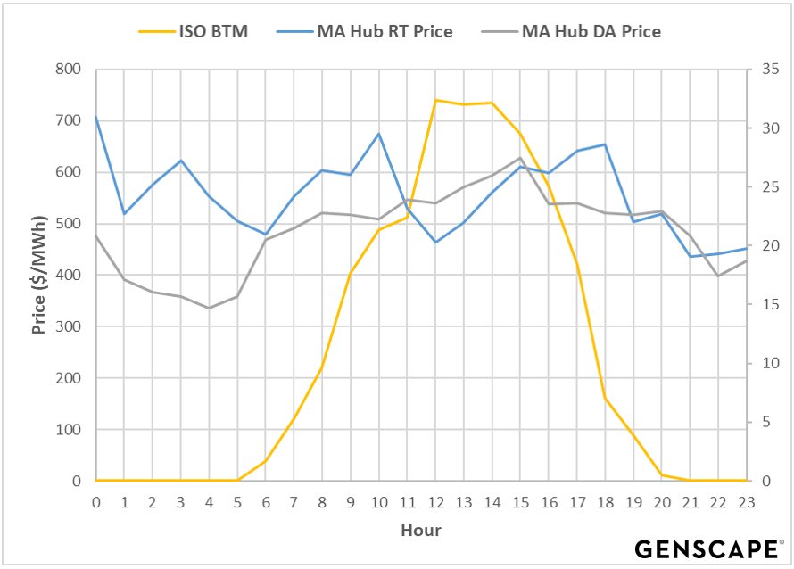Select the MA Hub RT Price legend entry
click(x=385, y=32)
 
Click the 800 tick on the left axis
click(x=67, y=70)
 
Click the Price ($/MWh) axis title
click(x=38, y=275)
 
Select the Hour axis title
click(x=421, y=530)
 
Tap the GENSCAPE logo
click(x=708, y=548)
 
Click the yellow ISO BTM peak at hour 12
click(x=435, y=100)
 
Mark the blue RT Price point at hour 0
click(x=95, y=117)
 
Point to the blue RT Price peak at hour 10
click(x=379, y=134)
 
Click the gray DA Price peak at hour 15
click(x=520, y=158)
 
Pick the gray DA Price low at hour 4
click(x=209, y=309)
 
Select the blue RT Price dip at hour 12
click(x=435, y=243)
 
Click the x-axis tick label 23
click(x=746, y=502)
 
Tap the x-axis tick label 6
click(x=266, y=502)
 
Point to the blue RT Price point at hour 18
click(x=605, y=144)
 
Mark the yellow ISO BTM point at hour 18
click(x=605, y=398)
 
